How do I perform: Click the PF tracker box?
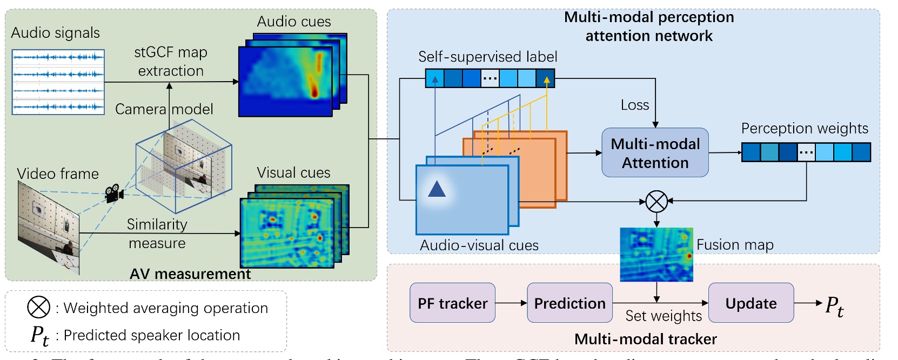pyautogui.click(x=452, y=303)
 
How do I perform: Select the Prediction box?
pyautogui.click(x=569, y=303)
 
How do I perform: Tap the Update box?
pyautogui.click(x=750, y=303)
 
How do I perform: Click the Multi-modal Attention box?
pyautogui.click(x=655, y=152)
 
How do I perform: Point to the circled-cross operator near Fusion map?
pyautogui.click(x=656, y=202)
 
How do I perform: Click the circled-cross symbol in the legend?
pyautogui.click(x=38, y=307)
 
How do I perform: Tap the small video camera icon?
pyautogui.click(x=114, y=192)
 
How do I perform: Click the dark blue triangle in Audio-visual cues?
pyautogui.click(x=437, y=189)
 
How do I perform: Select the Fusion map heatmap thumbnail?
pyautogui.click(x=656, y=254)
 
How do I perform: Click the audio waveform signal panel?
pyautogui.click(x=58, y=82)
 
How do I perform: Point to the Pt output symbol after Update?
pyautogui.click(x=834, y=306)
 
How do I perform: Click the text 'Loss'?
pyautogui.click(x=634, y=105)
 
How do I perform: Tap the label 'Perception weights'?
pyautogui.click(x=804, y=128)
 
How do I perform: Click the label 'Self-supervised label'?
pyautogui.click(x=487, y=57)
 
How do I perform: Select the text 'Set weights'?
pyautogui.click(x=663, y=316)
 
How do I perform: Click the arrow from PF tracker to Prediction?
pyautogui.click(x=511, y=303)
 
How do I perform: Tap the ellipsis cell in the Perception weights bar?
pyautogui.click(x=806, y=152)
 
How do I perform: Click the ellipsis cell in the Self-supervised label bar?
pyautogui.click(x=490, y=78)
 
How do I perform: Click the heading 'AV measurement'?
pyautogui.click(x=190, y=274)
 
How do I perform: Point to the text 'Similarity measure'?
pyautogui.click(x=157, y=234)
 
